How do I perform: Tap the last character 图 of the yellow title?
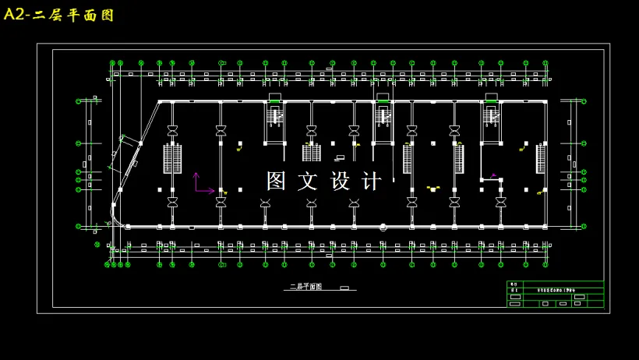pyautogui.click(x=108, y=15)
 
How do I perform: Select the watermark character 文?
pyautogui.click(x=308, y=181)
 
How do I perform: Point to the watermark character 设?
pyautogui.click(x=341, y=181)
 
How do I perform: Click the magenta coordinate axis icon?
pyautogui.click(x=201, y=185)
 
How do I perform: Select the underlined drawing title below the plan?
pyautogui.click(x=306, y=287)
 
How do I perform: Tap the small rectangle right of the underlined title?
pyautogui.click(x=344, y=288)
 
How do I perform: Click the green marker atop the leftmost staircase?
pyautogui.click(x=274, y=101)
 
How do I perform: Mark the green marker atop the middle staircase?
pyautogui.click(x=383, y=101)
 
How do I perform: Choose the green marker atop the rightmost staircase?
pyautogui.click(x=490, y=101)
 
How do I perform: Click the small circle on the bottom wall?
pyautogui.click(x=383, y=228)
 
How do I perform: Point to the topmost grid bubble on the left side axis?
pyautogui.click(x=78, y=101)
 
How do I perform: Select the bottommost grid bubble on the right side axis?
pyautogui.click(x=584, y=226)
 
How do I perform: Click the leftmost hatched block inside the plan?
pyautogui.click(x=172, y=159)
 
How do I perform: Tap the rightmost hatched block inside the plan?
pyautogui.click(x=540, y=159)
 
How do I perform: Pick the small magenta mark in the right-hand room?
pyautogui.click(x=493, y=175)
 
